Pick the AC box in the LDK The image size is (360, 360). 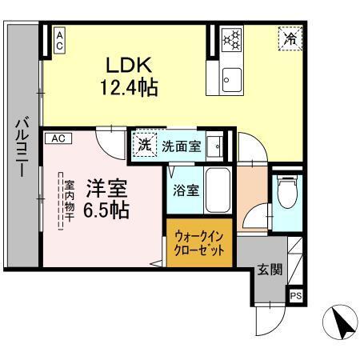(59, 41)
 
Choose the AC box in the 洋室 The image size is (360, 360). (58, 138)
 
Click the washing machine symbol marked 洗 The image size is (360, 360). (144, 146)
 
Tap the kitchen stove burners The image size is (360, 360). (231, 39)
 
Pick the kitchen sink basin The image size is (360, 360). (231, 79)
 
